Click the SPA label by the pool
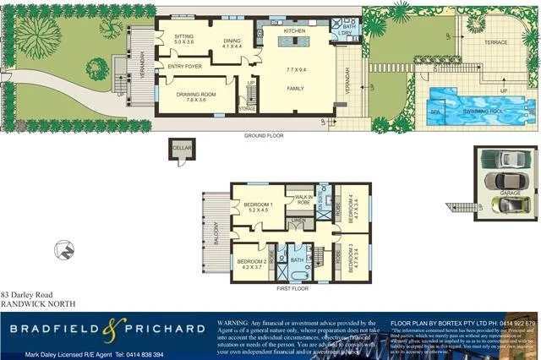point(435,111)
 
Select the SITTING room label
point(184,37)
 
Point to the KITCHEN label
point(293,31)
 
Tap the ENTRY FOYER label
point(184,66)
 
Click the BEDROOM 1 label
point(258,205)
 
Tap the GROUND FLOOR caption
point(262,135)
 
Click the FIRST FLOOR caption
point(293,289)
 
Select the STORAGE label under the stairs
point(247,108)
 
